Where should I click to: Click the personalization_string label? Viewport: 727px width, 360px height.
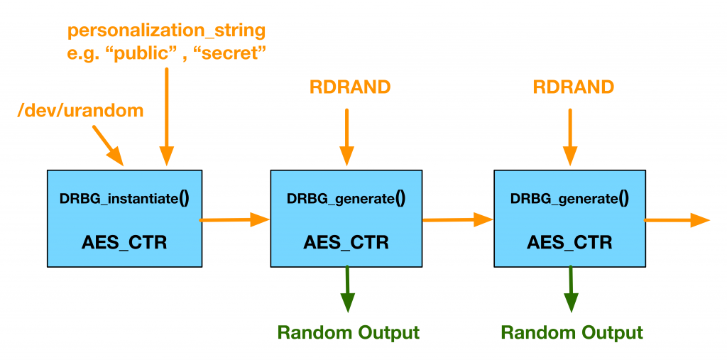tap(166, 31)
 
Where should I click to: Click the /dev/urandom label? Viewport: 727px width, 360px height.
tap(80, 110)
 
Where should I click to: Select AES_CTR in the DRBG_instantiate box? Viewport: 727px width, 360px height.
tap(124, 241)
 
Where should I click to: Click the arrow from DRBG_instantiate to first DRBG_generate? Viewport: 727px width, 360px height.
tap(235, 220)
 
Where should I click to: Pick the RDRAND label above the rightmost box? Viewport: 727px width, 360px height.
tap(573, 87)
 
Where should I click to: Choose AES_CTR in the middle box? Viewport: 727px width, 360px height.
tap(346, 241)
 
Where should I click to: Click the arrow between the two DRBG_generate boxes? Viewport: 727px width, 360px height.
tap(458, 220)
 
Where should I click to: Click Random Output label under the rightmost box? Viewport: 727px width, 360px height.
tap(572, 332)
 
